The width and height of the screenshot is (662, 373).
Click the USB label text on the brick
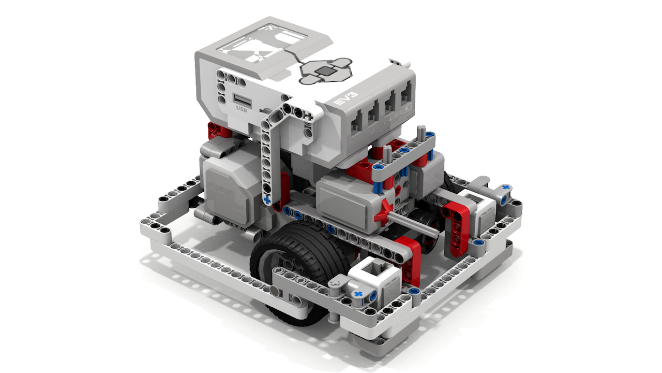[242, 109]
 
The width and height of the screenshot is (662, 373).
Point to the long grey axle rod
[412, 223]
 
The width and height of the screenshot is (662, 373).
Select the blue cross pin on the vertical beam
[267, 200]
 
